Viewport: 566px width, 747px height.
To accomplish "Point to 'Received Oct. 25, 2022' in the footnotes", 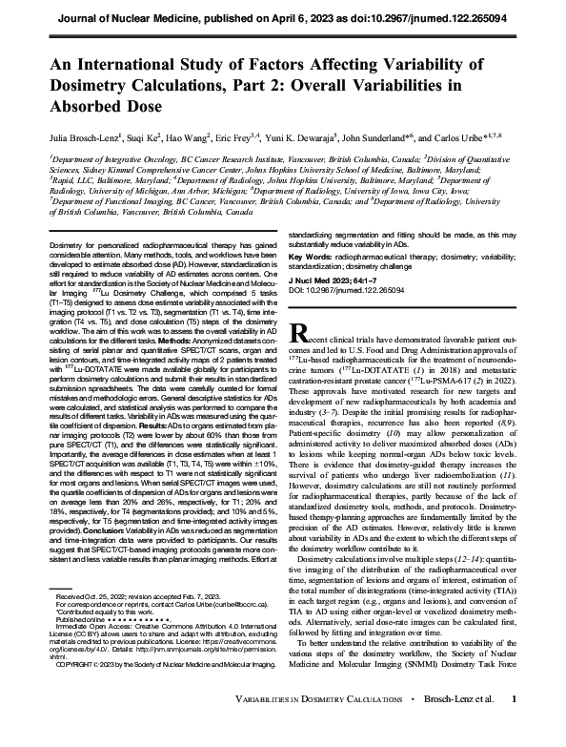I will (89, 622).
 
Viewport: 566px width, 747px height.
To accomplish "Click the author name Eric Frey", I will (216, 137).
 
